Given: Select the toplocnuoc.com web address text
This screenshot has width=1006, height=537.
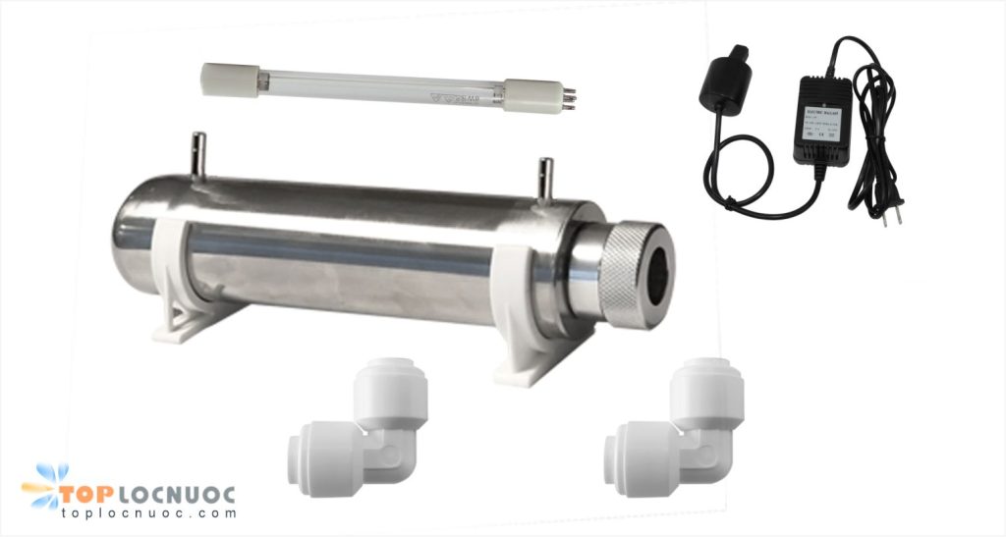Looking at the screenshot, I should (x=147, y=513).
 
